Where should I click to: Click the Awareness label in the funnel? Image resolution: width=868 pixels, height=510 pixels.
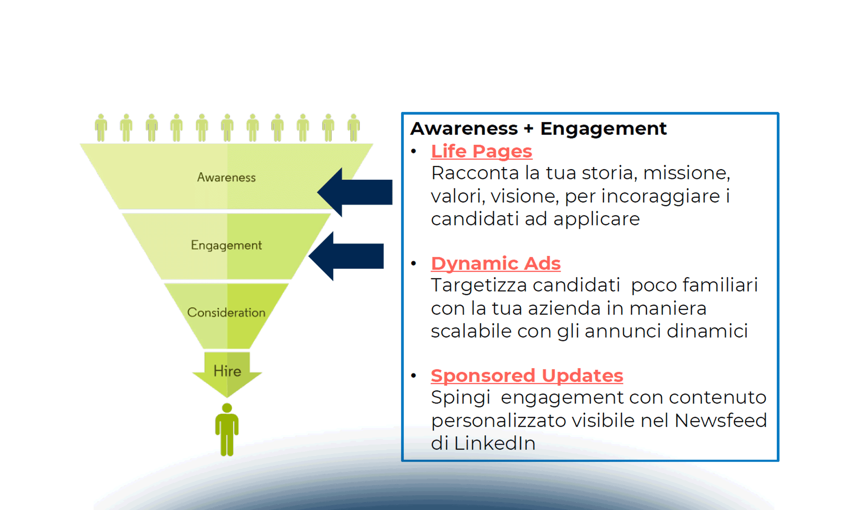click(226, 177)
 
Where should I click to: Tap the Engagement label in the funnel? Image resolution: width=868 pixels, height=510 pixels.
click(226, 245)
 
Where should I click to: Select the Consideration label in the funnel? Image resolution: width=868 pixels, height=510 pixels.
click(226, 312)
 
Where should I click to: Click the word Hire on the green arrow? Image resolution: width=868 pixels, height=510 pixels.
click(227, 371)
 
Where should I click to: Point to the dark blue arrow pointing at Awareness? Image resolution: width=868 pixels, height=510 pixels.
click(357, 192)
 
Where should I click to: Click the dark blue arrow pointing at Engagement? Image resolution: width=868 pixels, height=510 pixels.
click(349, 256)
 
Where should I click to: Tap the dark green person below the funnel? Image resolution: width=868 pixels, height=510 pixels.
click(227, 429)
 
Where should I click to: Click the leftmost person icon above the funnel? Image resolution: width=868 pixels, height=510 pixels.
click(101, 127)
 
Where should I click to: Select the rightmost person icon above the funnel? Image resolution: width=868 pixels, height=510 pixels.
click(354, 127)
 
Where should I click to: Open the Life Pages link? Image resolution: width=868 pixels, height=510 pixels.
click(481, 151)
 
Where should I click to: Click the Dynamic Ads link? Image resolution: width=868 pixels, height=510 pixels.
click(495, 263)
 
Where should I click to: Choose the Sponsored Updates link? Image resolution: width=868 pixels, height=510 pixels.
click(526, 376)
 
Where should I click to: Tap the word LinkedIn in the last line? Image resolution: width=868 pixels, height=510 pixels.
click(494, 443)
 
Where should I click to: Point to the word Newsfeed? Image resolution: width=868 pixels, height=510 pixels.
click(720, 420)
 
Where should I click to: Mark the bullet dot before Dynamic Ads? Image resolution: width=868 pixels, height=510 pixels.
click(414, 263)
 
